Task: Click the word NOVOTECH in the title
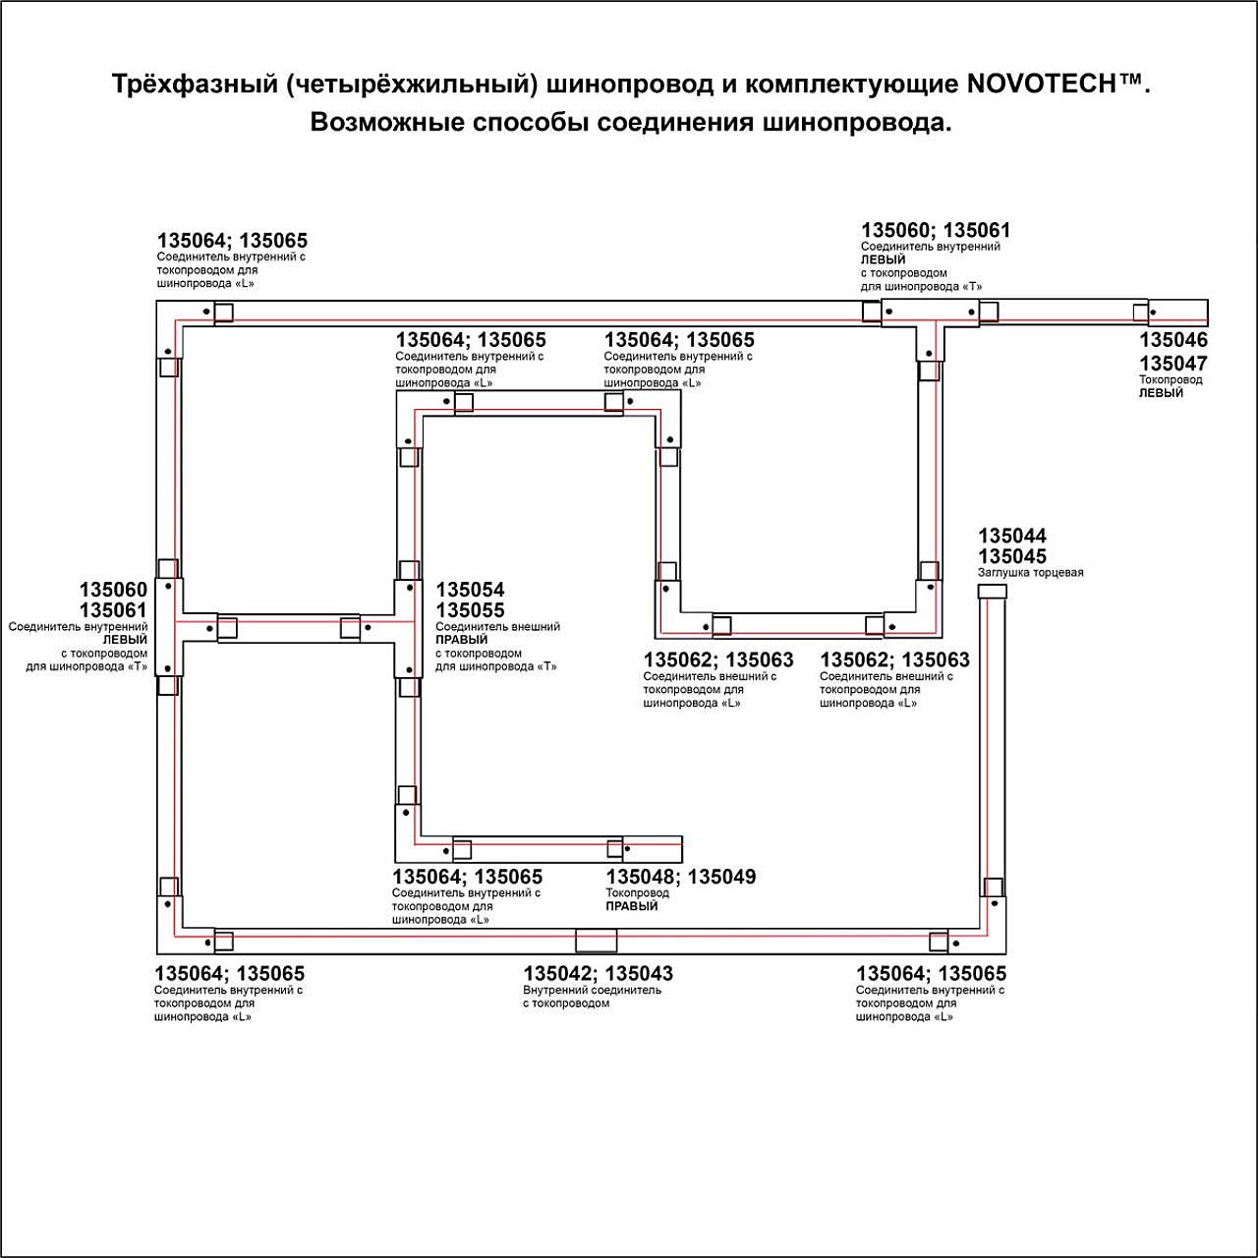[x=1041, y=85]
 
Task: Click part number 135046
[x=1173, y=340]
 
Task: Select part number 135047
[x=1173, y=364]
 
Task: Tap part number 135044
[x=1012, y=536]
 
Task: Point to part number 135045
[x=1012, y=556]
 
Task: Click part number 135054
[x=470, y=590]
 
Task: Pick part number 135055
[x=470, y=610]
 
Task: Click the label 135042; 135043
[x=598, y=974]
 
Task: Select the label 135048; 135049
[x=681, y=877]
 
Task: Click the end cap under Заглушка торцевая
[x=993, y=592]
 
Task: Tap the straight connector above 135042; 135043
[x=597, y=941]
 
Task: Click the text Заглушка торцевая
[x=1030, y=573]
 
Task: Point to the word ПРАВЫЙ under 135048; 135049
[x=632, y=906]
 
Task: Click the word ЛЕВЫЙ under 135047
[x=1161, y=393]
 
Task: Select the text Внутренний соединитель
[x=592, y=990]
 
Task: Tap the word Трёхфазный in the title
[x=195, y=85]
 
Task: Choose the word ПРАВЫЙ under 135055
[x=462, y=640]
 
